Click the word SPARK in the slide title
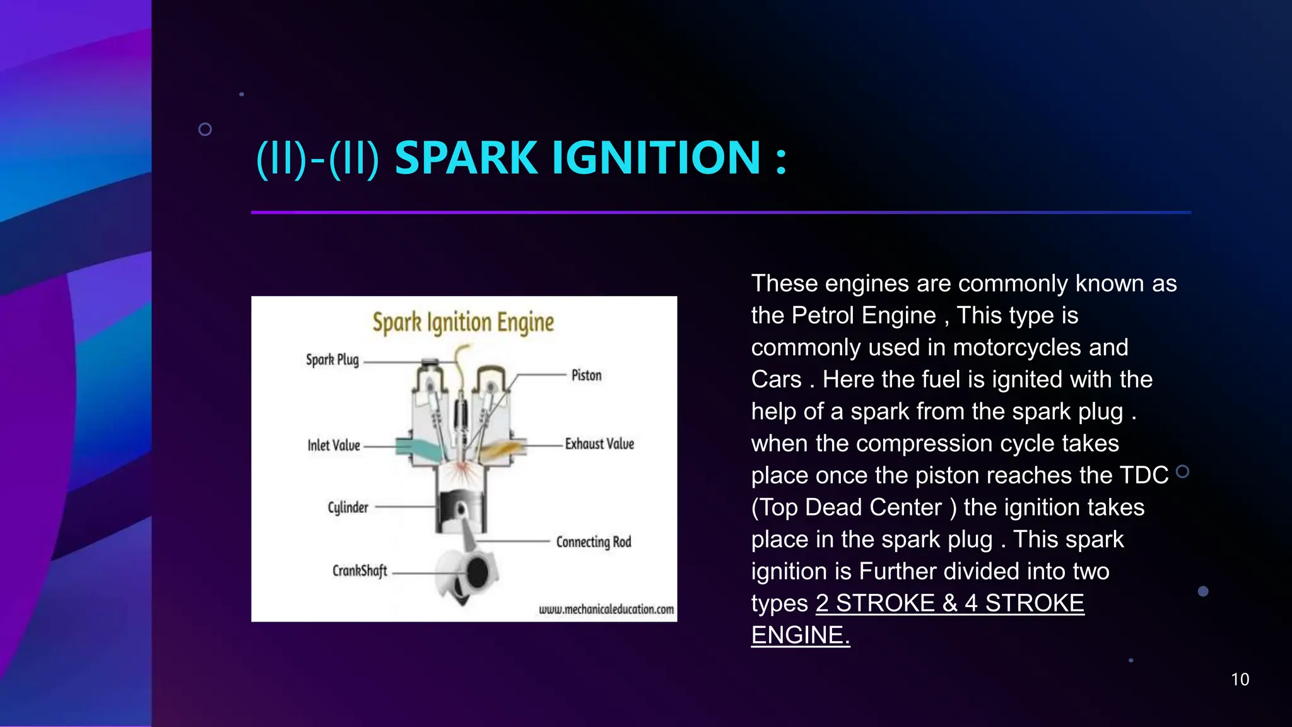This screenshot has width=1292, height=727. [465, 158]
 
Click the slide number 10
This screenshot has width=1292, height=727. [1240, 680]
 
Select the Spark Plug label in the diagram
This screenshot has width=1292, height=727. [332, 360]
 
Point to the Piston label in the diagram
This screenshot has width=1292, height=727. [586, 375]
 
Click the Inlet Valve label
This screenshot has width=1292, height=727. [334, 446]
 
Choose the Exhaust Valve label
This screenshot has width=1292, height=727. [599, 444]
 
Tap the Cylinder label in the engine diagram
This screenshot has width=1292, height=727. [348, 507]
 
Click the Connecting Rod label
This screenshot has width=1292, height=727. [593, 542]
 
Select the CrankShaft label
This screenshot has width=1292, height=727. [360, 571]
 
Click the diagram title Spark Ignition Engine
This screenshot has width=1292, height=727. [463, 322]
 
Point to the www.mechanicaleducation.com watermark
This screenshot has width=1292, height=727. [606, 610]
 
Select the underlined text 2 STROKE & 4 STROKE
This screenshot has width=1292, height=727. [949, 603]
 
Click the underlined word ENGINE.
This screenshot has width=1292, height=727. [800, 635]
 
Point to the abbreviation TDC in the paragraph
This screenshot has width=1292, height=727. [1144, 476]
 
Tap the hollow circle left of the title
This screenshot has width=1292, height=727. [205, 129]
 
